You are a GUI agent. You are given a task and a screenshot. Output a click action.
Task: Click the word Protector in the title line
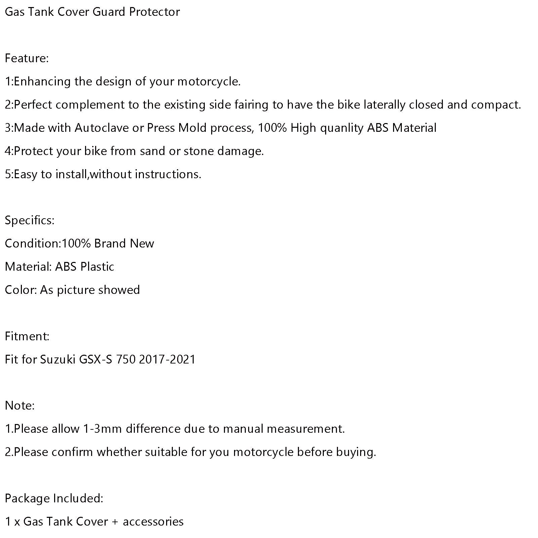click(x=154, y=12)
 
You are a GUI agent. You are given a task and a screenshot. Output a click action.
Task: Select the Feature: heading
click(x=27, y=58)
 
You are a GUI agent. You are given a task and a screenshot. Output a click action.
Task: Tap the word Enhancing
click(x=42, y=82)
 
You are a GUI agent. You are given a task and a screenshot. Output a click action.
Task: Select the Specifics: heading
click(x=30, y=221)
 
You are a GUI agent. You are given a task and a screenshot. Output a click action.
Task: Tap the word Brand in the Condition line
click(x=110, y=244)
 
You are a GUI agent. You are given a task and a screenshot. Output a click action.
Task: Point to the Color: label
click(x=21, y=290)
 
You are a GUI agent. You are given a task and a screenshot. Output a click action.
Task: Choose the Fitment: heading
click(x=27, y=336)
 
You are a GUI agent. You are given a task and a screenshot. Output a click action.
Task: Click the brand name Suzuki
click(x=58, y=360)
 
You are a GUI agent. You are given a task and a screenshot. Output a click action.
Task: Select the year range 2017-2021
click(x=167, y=360)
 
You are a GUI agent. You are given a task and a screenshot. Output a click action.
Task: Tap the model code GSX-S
click(x=96, y=360)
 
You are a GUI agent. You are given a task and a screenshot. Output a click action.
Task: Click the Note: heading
click(x=20, y=406)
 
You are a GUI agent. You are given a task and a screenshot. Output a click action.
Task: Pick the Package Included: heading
click(x=54, y=498)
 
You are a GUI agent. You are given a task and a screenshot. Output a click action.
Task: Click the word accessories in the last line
click(x=153, y=522)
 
